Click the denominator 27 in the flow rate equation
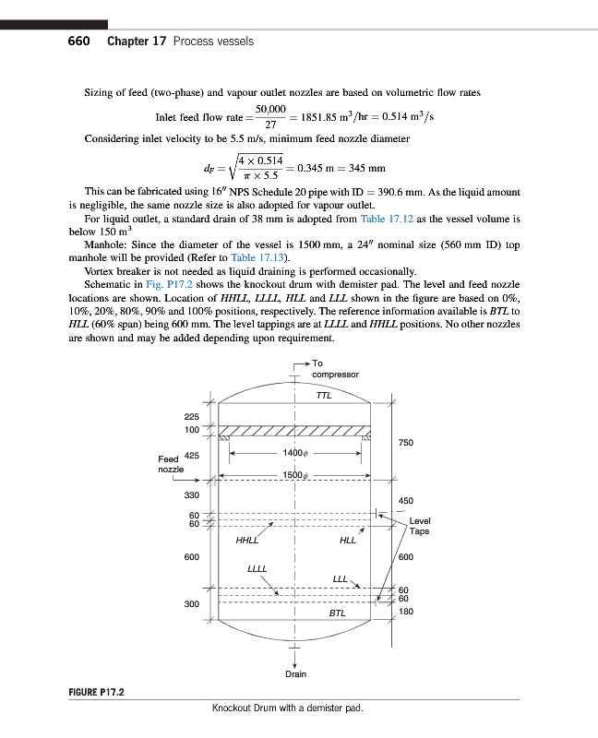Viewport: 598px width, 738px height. (x=270, y=125)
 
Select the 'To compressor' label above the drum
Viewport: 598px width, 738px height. (x=334, y=369)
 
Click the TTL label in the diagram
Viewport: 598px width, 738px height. (x=323, y=395)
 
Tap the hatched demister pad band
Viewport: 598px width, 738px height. (x=294, y=431)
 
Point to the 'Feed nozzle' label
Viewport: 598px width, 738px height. (x=172, y=464)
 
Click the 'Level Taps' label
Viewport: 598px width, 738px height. (x=419, y=526)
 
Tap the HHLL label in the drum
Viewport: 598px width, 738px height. (x=247, y=540)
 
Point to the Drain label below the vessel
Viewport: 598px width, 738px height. (x=295, y=674)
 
